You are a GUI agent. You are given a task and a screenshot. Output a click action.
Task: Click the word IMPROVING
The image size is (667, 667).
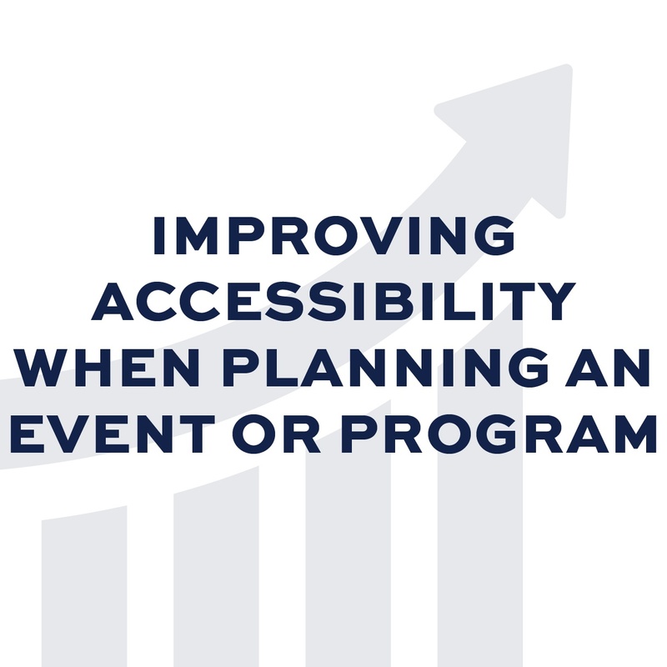pyautogui.click(x=334, y=235)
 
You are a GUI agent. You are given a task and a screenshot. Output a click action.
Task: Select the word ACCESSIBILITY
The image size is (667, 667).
pyautogui.click(x=333, y=301)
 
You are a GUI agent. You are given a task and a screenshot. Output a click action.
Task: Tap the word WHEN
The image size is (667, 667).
pyautogui.click(x=110, y=367)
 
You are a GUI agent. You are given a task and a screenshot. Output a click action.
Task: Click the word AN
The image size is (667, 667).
pyautogui.click(x=608, y=367)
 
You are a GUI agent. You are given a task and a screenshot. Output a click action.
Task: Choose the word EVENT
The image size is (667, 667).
pyautogui.click(x=113, y=434)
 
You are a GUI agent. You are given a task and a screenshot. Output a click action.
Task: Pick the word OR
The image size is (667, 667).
pyautogui.click(x=276, y=434)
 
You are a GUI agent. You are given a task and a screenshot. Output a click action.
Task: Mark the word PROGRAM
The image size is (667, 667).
pyautogui.click(x=498, y=434)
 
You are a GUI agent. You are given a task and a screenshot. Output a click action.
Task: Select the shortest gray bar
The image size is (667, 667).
pyautogui.click(x=84, y=586)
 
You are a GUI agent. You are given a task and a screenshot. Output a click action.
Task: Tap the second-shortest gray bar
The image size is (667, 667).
pyautogui.click(x=216, y=566)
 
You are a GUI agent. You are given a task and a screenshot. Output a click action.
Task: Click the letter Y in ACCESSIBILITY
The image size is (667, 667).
pyautogui.click(x=554, y=302)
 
